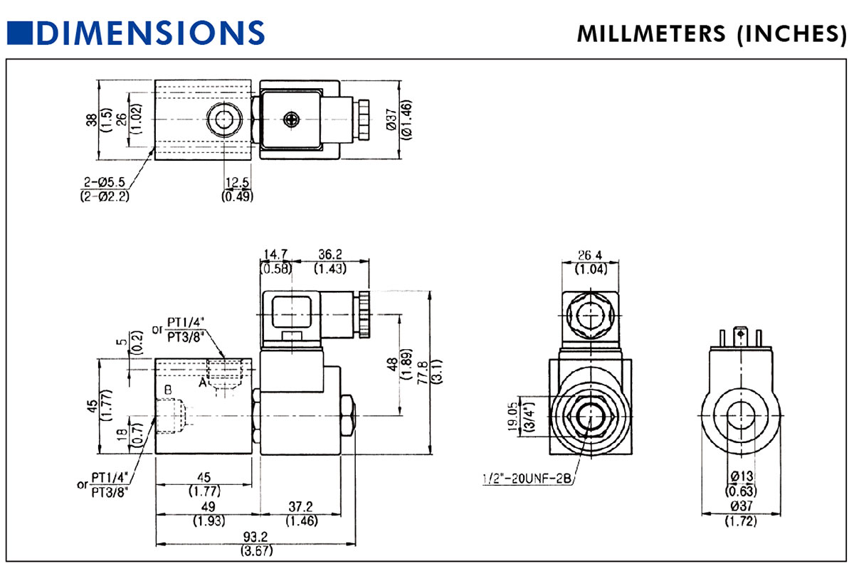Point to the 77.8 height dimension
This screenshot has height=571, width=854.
421,371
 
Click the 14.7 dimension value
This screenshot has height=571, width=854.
275,255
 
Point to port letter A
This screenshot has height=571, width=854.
203,383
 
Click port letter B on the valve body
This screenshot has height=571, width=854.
168,390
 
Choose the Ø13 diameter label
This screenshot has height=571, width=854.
740,476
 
